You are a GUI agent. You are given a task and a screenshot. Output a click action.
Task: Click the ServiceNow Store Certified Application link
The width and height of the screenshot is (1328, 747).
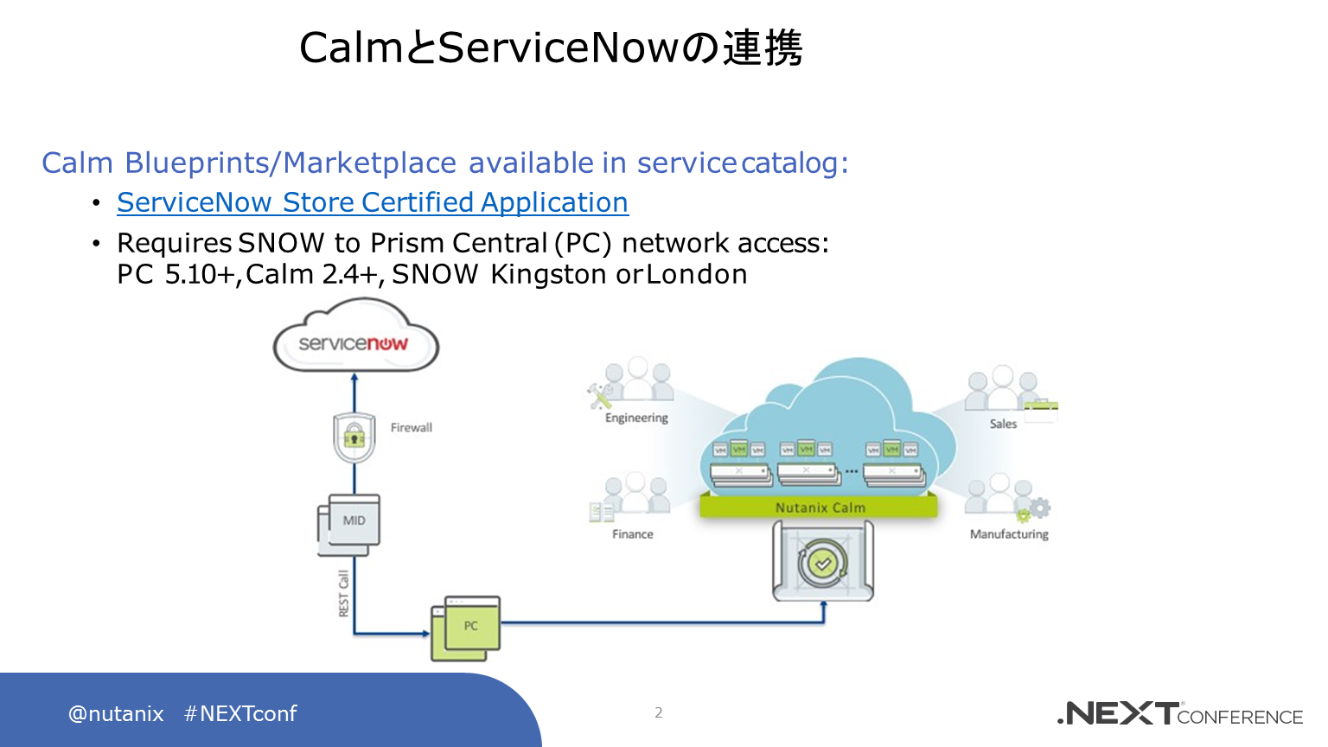click(373, 202)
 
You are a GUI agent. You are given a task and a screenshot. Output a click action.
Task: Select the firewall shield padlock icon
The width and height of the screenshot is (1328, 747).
click(354, 437)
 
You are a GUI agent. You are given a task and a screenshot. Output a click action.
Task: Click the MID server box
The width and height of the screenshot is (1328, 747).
click(350, 523)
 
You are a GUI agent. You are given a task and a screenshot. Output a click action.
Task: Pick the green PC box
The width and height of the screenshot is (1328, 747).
click(467, 627)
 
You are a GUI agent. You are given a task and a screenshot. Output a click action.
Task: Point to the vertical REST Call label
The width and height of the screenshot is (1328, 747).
click(343, 593)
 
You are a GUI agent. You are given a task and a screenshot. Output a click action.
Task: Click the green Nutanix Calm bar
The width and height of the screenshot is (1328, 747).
click(819, 508)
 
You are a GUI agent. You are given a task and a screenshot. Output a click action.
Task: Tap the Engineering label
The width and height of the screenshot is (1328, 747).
click(636, 418)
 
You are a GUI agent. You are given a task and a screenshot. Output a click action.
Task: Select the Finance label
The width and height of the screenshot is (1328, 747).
click(632, 534)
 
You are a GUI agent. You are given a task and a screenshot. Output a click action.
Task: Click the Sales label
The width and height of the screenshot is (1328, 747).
click(1003, 424)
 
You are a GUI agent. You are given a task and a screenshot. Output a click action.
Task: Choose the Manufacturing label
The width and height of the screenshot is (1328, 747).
click(1009, 534)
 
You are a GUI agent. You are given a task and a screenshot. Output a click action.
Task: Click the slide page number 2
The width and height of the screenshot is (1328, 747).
click(659, 712)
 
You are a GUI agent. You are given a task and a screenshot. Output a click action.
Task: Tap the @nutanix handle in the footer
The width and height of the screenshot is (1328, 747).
click(116, 713)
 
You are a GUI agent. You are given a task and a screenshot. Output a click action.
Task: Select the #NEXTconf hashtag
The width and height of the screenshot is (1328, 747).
click(240, 713)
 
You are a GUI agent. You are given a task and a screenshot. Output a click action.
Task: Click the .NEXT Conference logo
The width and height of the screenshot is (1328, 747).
click(1179, 713)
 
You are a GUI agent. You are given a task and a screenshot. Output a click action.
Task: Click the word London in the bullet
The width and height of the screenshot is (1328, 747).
click(697, 274)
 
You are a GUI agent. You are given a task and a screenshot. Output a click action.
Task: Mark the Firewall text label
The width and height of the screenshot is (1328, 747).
click(411, 427)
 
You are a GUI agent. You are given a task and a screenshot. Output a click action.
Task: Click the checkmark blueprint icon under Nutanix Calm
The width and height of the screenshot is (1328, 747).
click(822, 564)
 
